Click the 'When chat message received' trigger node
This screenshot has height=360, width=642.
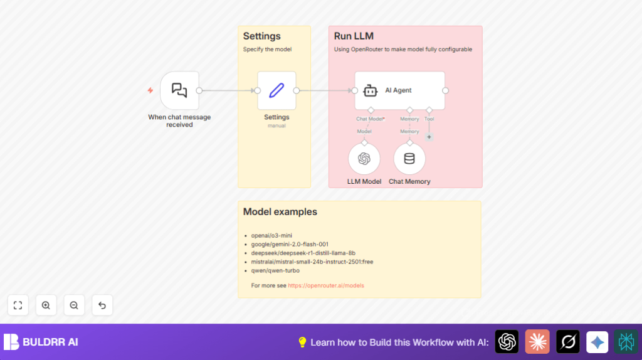(x=179, y=90)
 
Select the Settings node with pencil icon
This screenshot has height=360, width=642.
(x=276, y=90)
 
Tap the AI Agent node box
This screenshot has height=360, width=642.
(x=399, y=90)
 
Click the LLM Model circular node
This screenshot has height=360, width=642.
(x=364, y=159)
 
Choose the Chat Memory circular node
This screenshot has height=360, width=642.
(x=409, y=159)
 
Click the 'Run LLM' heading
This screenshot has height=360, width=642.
(x=354, y=36)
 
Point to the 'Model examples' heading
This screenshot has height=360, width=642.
(x=280, y=212)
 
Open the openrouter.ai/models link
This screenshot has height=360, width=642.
(x=326, y=285)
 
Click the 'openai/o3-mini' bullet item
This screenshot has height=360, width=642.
(x=271, y=235)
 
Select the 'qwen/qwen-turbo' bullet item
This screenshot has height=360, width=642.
(x=275, y=270)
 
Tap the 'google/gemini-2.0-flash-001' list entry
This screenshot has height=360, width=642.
(x=290, y=244)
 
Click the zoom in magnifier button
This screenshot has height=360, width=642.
(x=46, y=305)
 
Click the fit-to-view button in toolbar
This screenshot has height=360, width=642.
(x=18, y=305)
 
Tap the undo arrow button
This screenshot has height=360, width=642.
(x=102, y=305)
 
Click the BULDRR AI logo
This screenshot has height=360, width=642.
(x=41, y=342)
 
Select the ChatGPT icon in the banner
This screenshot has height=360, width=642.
(x=507, y=342)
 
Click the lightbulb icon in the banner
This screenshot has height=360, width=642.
(x=302, y=342)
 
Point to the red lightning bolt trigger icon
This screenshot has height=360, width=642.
(x=150, y=90)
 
